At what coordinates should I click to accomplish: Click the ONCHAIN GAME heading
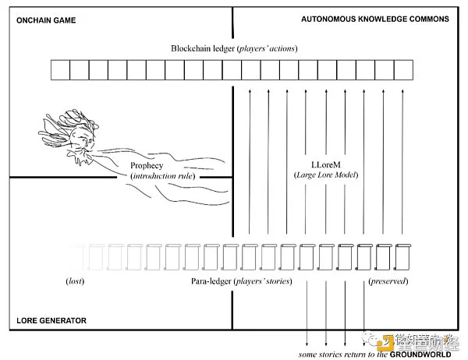tap(45, 19)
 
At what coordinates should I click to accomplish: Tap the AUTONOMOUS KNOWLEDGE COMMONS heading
tap(375, 19)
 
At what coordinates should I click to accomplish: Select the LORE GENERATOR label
tap(51, 320)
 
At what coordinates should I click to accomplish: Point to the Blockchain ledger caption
tap(234, 48)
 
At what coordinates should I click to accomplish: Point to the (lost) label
tap(76, 280)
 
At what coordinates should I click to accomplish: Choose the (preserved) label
tap(388, 280)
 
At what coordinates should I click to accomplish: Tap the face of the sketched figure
tap(80, 143)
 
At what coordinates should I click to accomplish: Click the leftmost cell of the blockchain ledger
tap(60, 71)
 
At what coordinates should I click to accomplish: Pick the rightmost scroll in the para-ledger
tap(403, 256)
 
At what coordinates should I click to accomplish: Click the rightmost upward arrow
tap(401, 160)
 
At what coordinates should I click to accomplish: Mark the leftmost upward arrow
tap(250, 160)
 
